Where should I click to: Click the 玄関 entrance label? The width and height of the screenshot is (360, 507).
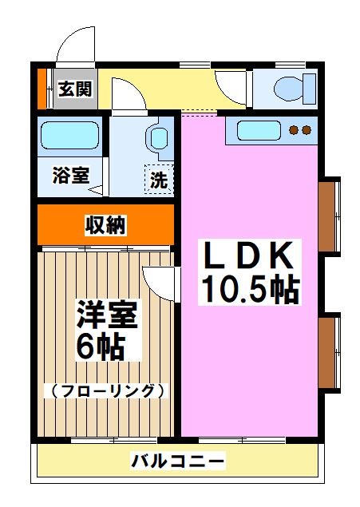75,88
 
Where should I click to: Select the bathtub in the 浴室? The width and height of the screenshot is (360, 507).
69,134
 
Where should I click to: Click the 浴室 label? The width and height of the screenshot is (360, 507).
70,175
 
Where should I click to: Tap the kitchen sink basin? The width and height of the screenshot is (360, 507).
254,130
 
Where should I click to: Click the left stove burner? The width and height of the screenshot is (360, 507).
293,130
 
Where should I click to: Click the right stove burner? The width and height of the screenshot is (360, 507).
306,130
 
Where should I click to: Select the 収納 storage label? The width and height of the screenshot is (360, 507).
105,226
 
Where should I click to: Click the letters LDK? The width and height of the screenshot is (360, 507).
248,257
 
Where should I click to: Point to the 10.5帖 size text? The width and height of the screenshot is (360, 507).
248,289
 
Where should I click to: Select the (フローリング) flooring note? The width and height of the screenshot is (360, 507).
106,391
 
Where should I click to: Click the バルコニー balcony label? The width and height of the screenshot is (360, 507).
178,461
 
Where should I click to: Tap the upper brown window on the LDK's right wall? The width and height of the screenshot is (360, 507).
328,216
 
